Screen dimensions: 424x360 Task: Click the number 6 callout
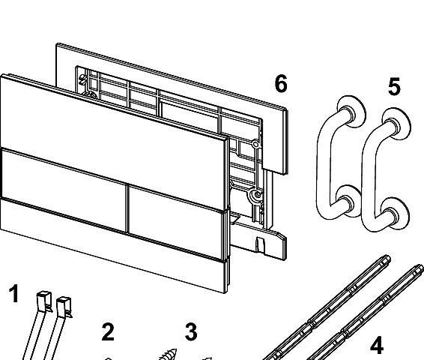click(x=281, y=83)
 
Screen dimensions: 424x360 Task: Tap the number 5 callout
click(x=394, y=86)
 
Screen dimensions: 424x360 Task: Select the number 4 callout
click(x=377, y=345)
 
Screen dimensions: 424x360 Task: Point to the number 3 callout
click(x=191, y=331)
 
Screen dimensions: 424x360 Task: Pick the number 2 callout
click(x=108, y=331)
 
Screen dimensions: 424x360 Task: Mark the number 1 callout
click(x=13, y=293)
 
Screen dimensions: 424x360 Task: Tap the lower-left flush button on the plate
click(x=64, y=190)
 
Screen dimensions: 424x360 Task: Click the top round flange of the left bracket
click(x=351, y=111)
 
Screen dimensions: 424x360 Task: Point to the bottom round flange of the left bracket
click(x=348, y=201)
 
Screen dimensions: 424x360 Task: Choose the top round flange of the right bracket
click(x=397, y=124)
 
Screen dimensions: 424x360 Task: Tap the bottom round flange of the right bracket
click(x=395, y=214)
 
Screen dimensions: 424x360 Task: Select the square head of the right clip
click(x=64, y=303)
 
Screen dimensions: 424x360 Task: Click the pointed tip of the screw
click(x=175, y=349)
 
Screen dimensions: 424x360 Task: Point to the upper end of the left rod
click(x=387, y=258)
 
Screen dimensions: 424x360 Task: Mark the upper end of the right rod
click(x=420, y=268)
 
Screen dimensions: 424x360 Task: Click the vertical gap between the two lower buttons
click(x=127, y=208)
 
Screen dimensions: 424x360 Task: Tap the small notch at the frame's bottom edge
click(x=260, y=244)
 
